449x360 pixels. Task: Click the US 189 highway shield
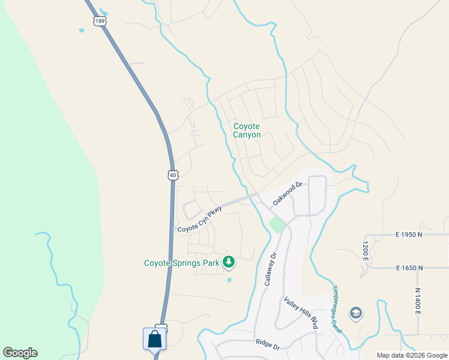tap(100, 22)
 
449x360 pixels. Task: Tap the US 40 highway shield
tap(173, 175)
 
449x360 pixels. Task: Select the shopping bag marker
tap(155, 339)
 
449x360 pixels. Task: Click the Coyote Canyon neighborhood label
tap(247, 130)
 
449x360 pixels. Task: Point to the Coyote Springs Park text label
tap(182, 263)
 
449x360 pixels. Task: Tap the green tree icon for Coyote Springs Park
tap(228, 262)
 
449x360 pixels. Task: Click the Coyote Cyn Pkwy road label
tap(200, 220)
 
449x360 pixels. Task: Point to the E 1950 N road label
tap(409, 234)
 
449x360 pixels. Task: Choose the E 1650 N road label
tap(409, 268)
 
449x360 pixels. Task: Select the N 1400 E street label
tap(418, 301)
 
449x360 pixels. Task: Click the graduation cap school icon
tap(355, 313)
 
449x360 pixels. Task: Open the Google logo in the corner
tap(20, 353)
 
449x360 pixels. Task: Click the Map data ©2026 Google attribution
tap(412, 355)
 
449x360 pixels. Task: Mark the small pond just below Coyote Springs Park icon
tap(229, 280)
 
